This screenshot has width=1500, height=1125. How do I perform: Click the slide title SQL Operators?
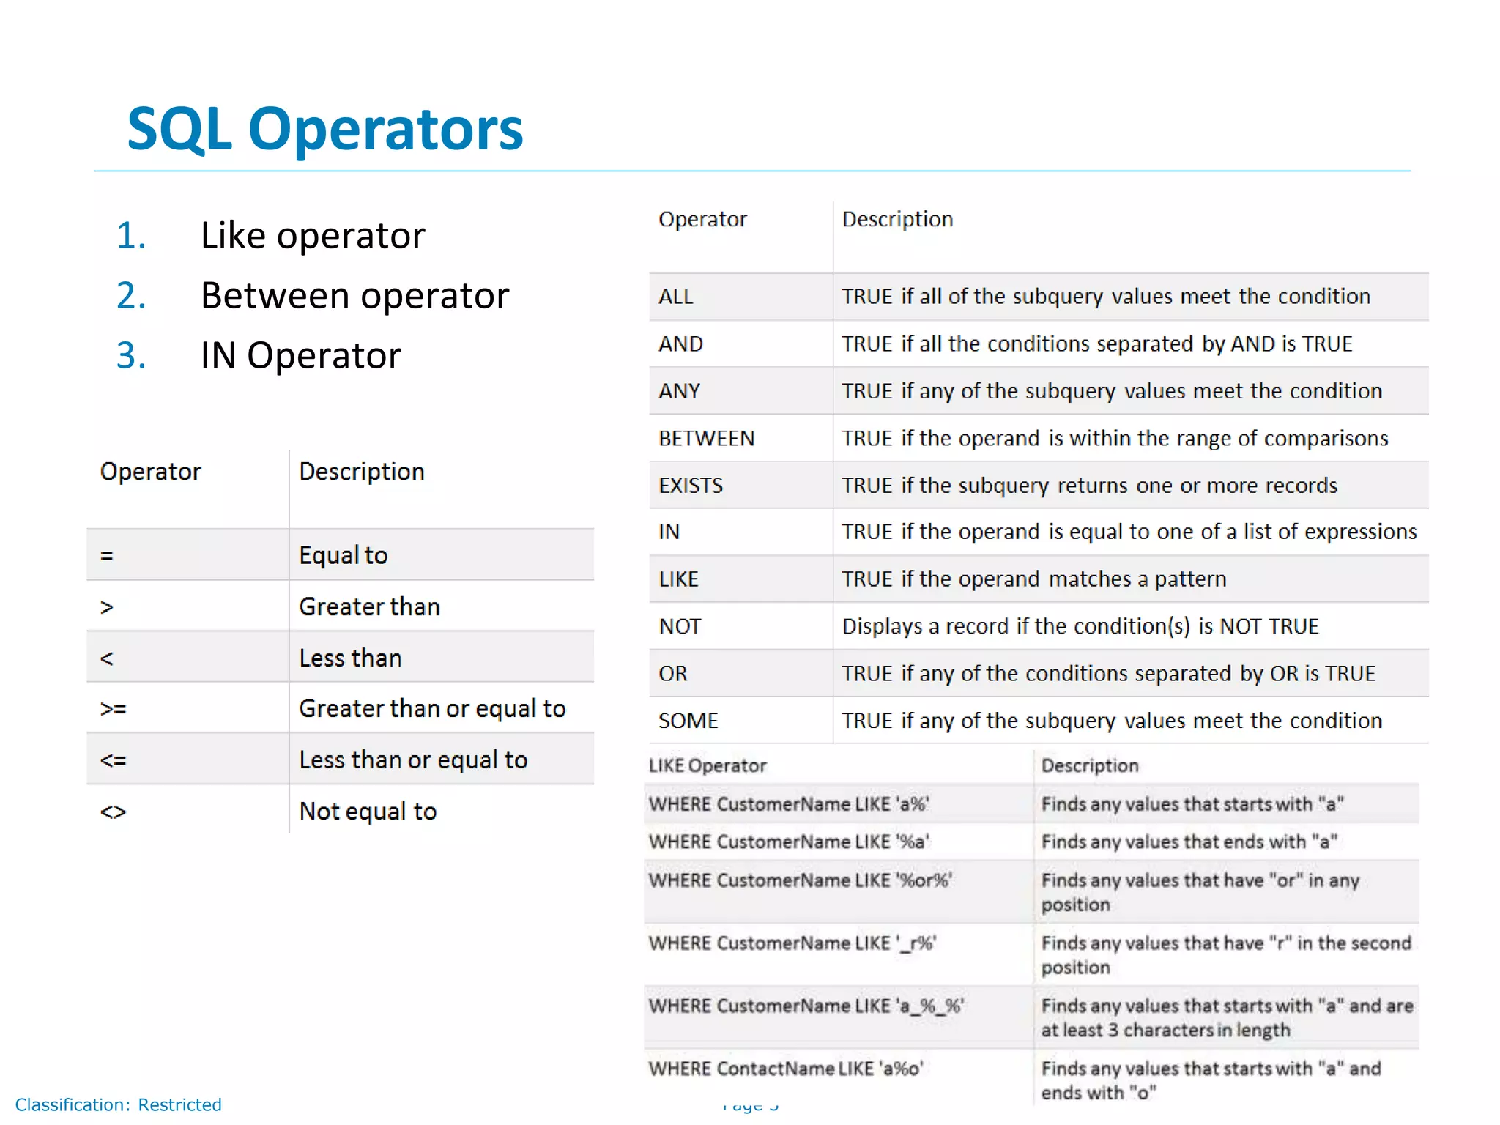324,129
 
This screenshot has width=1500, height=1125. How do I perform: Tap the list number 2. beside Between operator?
131,296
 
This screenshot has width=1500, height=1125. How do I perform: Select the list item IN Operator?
300,356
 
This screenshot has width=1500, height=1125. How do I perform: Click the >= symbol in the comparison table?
114,709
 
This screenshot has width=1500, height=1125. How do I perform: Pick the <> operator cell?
114,812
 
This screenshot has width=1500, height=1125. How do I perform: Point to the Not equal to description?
368,812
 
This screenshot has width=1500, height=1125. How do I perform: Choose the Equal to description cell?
343,555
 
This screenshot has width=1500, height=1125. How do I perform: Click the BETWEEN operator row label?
706,439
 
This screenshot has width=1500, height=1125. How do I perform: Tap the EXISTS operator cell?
690,486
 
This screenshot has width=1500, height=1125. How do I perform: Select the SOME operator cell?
688,721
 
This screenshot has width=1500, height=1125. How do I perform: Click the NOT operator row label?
680,626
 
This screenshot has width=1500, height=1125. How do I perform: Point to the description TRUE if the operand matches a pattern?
1033,579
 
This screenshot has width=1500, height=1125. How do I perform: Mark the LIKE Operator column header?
708,765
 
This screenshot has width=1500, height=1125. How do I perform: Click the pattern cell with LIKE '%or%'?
801,880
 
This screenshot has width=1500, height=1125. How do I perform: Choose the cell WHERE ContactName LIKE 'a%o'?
786,1069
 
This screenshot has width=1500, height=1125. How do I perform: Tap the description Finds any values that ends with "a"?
1189,842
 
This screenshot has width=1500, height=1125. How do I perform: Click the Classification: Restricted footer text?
118,1104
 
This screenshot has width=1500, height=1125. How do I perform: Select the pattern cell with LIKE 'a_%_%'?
806,1006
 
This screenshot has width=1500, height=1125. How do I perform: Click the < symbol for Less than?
107,658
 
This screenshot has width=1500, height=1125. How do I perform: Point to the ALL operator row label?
675,297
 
